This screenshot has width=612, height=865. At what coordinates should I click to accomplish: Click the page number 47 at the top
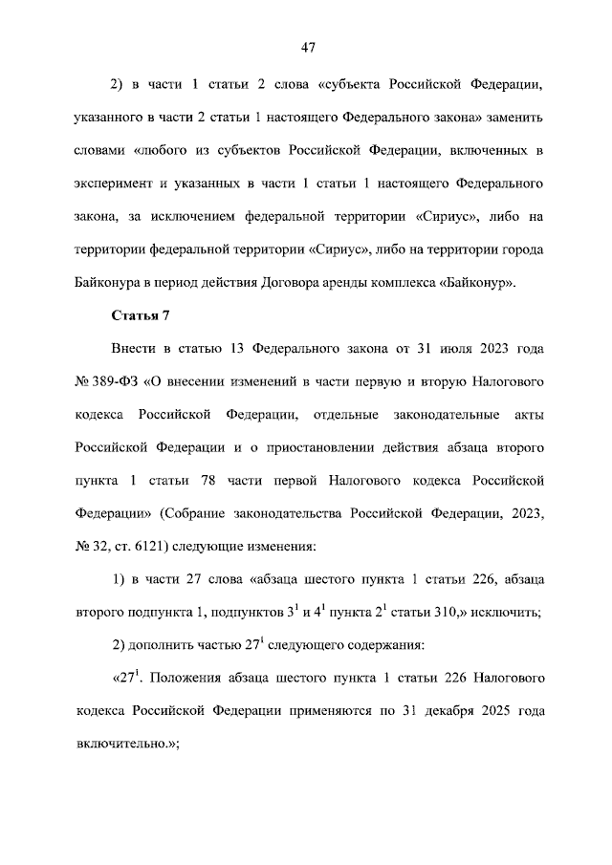pos(307,48)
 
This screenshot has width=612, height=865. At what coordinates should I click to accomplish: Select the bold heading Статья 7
pos(140,315)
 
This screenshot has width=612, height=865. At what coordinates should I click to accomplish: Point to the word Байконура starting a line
pos(108,284)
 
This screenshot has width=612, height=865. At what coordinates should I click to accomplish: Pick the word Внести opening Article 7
pos(137,349)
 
